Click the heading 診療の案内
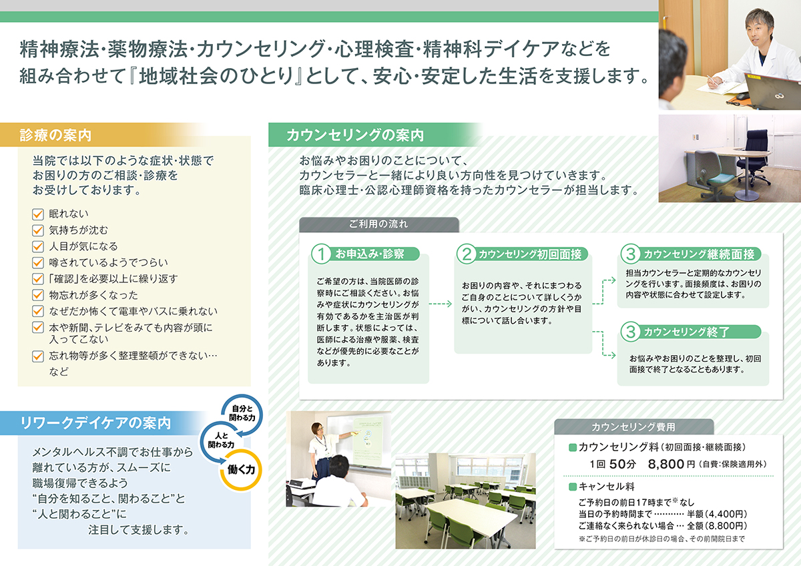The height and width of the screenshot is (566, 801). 55,135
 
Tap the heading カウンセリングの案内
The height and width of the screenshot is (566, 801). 355,135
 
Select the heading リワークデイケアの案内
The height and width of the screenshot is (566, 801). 95,423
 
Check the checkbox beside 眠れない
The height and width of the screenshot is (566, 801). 38,214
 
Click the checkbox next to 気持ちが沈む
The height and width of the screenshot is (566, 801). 38,230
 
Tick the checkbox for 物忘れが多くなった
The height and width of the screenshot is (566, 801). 38,294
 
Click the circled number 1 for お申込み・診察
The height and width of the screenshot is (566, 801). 321,254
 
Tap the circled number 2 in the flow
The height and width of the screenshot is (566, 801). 467,254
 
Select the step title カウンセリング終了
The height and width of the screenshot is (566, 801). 686,332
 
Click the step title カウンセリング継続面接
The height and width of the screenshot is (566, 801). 699,254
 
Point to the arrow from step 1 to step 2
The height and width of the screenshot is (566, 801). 440,304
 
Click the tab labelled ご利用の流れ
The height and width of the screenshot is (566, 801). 378,224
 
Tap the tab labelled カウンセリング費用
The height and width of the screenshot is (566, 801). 633,427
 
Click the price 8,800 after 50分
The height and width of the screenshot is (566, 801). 666,464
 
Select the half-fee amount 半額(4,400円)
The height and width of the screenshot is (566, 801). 717,514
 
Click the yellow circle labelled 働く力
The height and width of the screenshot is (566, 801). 241,469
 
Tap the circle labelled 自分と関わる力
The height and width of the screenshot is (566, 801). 242,413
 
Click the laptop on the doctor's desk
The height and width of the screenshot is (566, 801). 772,91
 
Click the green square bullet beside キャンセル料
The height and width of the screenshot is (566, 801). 573,487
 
